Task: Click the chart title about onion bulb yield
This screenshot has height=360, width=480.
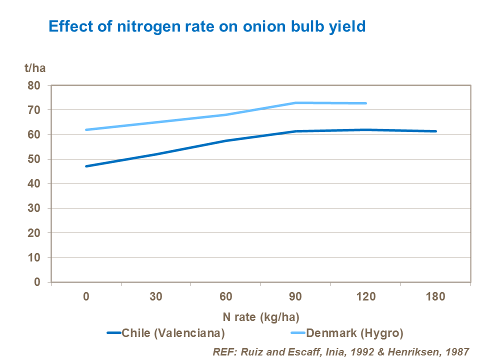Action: tap(206, 26)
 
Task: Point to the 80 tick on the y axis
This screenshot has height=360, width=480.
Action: tap(33, 85)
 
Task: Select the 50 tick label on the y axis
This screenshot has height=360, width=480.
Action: tap(33, 159)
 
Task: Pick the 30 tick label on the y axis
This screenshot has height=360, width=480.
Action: tap(33, 208)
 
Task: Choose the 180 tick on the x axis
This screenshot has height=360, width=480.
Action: tap(435, 296)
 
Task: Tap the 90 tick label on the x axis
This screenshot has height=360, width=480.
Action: tap(296, 296)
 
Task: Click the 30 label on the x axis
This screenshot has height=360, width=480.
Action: tap(156, 296)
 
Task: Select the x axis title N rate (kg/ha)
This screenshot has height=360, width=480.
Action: tap(260, 316)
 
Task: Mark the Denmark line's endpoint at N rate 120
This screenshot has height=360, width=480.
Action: tap(366, 103)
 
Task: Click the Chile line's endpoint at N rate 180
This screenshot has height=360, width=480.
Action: tap(435, 131)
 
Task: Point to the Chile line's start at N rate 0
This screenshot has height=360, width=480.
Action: tap(86, 166)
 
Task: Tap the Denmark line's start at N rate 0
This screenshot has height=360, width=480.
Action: tap(86, 129)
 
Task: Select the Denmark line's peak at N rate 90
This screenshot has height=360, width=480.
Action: tap(296, 103)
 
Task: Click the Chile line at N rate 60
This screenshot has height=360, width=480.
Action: tap(226, 141)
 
